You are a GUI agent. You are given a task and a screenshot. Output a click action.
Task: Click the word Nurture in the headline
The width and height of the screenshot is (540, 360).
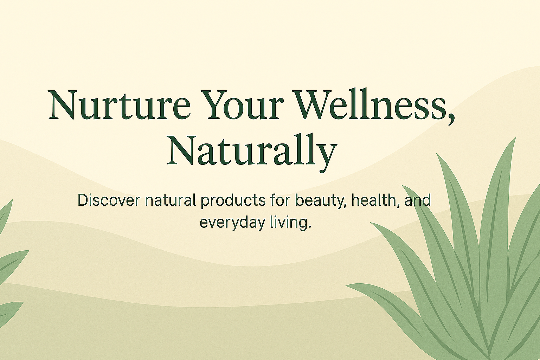pos(119,105)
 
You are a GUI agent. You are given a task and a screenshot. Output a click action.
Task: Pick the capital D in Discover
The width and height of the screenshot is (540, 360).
pos(83,200)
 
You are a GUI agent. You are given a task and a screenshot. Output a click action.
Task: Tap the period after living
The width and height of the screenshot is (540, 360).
pos(310,227)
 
